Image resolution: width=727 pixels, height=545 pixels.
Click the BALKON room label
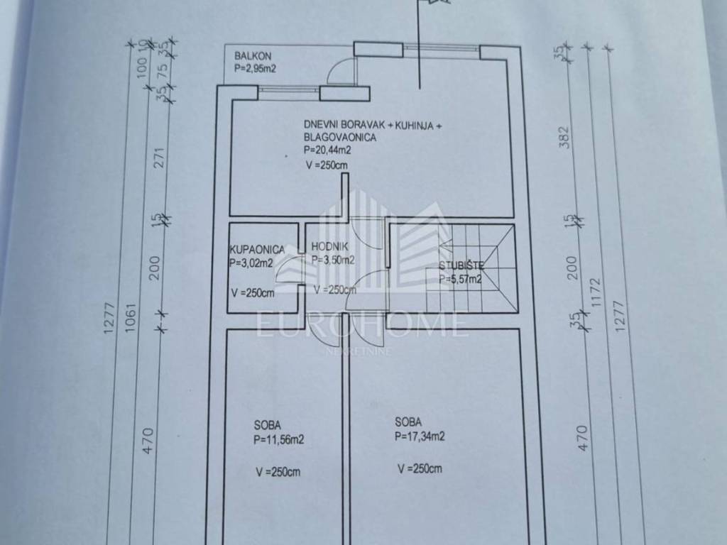point(253,56)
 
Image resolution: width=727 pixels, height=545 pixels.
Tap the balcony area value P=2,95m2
point(255,69)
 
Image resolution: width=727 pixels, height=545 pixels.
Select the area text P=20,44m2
point(327,150)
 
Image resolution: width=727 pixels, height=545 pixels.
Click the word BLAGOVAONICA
point(340,137)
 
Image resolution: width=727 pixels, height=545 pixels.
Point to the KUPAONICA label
point(257,249)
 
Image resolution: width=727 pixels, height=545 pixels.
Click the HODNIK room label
point(329,246)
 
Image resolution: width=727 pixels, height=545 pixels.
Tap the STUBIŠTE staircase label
point(461,265)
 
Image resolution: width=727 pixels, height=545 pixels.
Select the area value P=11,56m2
point(278,439)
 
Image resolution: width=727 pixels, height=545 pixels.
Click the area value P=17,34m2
point(420,436)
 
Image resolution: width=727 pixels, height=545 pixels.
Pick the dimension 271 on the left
point(160,158)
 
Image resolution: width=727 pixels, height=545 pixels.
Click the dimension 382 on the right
point(564,137)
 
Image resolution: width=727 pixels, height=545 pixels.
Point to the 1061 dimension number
point(131,317)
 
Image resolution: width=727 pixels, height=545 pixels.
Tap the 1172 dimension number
point(596,292)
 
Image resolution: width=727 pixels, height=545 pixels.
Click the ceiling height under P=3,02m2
point(253,293)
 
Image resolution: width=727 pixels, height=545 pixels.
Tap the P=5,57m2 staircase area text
point(460,279)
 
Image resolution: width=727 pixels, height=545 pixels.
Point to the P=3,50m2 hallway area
point(333,260)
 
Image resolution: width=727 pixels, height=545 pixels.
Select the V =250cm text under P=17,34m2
point(420,468)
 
